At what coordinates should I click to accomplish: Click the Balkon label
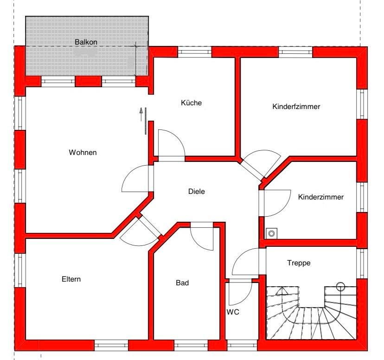point(86,42)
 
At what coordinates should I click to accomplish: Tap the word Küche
point(191,103)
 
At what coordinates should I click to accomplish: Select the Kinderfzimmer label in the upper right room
point(296,107)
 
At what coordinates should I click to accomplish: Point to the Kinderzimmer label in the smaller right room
point(321,197)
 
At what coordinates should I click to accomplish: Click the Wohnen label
point(83,152)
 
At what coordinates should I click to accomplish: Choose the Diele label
point(196,191)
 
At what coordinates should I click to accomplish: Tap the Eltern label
point(71,279)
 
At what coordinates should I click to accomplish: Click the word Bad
point(182,283)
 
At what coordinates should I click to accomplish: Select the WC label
point(233,312)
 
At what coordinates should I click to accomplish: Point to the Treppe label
point(298,263)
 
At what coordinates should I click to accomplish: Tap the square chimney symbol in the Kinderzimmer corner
point(270,233)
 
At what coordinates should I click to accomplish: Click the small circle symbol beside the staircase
point(340,286)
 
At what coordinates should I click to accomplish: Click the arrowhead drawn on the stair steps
point(282,292)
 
